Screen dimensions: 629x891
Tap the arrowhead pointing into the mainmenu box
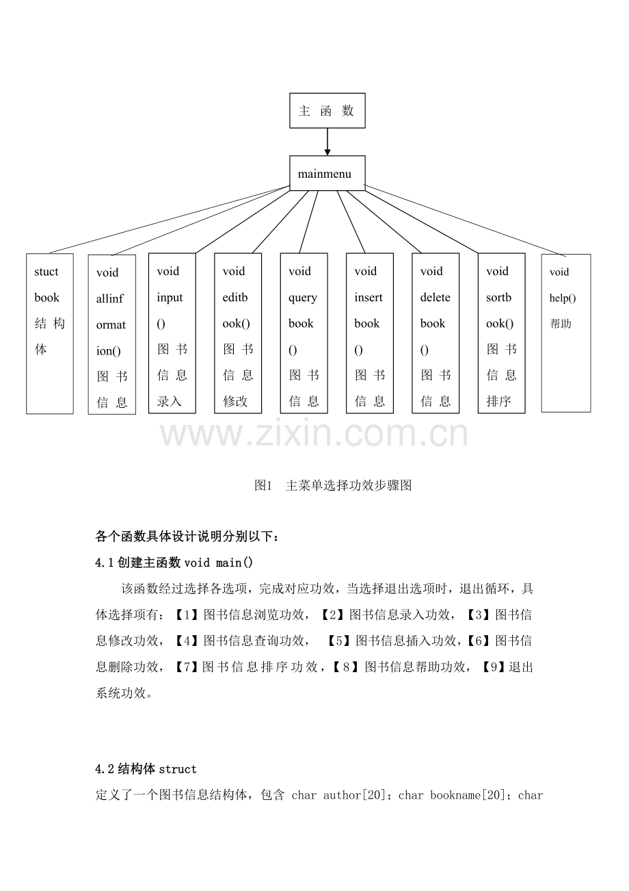[x=327, y=153]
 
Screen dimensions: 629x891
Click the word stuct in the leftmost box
[x=46, y=272]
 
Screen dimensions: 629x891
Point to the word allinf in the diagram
[x=109, y=298]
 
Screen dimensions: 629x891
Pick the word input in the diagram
[x=170, y=298]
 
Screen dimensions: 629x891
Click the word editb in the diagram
[x=235, y=298]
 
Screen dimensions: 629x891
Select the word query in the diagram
[x=302, y=298]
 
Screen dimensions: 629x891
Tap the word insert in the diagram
[x=369, y=298]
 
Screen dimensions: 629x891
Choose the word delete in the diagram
[x=435, y=298]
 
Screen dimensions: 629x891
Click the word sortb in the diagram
[x=498, y=298]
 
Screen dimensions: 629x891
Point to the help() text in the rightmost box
[x=563, y=298]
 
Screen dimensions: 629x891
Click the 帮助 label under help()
[x=560, y=324]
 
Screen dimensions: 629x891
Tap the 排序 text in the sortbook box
[x=498, y=401]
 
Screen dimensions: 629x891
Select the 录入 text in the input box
[x=170, y=401]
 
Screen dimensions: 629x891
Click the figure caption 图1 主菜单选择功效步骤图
[x=333, y=485]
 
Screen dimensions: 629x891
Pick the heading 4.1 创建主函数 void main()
[x=174, y=563]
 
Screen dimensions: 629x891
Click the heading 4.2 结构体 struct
[x=146, y=769]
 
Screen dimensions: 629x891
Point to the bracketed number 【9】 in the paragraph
[x=492, y=667]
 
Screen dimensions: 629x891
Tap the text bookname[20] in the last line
[x=467, y=795]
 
